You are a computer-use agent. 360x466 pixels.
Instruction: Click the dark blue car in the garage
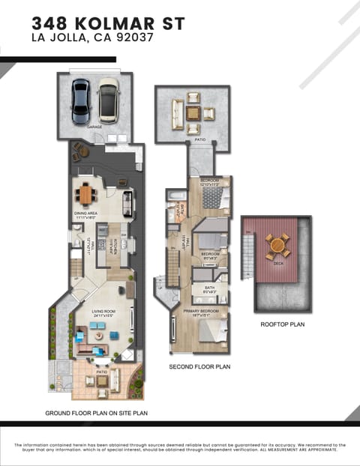pyautogui.click(x=81, y=100)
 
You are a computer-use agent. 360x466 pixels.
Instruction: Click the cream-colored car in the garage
pyautogui.click(x=109, y=101)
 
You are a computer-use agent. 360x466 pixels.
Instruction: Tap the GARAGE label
pyautogui.click(x=94, y=127)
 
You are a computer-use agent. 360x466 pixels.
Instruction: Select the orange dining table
pyautogui.click(x=86, y=195)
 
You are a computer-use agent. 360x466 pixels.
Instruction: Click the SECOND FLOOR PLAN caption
pyautogui.click(x=199, y=367)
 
